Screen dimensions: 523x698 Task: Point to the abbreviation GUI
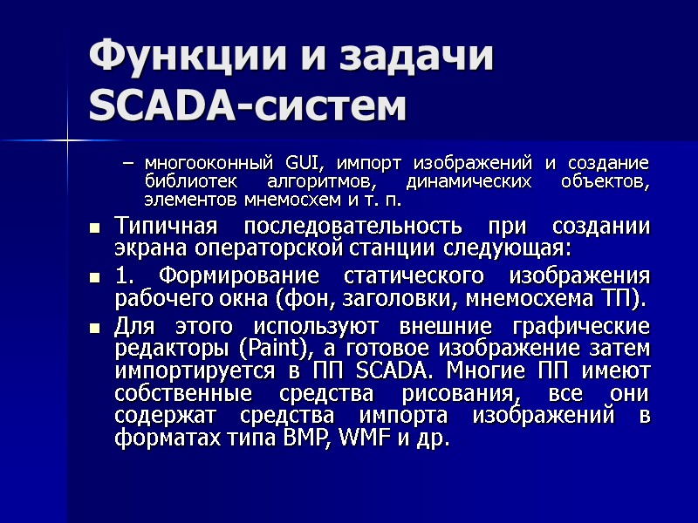(301, 163)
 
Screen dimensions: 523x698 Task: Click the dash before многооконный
(130, 164)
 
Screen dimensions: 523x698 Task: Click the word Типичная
(168, 227)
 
